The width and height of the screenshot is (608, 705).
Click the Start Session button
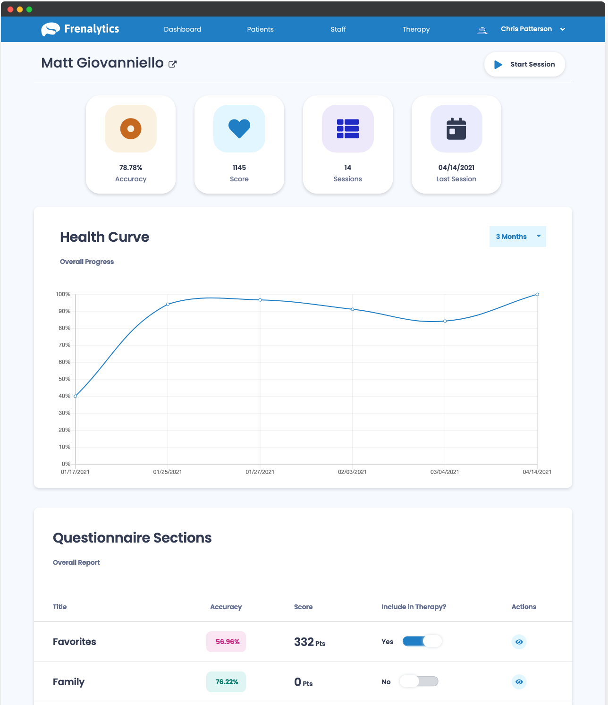click(x=524, y=64)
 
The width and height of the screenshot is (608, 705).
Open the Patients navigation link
click(x=260, y=29)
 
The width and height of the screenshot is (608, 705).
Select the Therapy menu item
click(x=416, y=29)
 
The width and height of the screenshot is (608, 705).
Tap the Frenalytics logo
click(x=80, y=29)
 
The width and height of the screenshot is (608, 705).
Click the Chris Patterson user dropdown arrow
click(x=563, y=29)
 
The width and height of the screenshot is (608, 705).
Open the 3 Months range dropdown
click(x=517, y=237)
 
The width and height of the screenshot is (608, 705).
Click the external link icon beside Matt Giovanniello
click(x=173, y=64)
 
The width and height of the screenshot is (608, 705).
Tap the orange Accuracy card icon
click(x=131, y=128)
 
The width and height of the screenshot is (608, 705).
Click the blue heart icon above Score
click(x=239, y=128)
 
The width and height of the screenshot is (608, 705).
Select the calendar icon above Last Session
click(x=456, y=128)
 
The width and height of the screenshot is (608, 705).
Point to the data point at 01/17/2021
click(x=76, y=396)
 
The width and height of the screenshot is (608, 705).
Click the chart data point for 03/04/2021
click(x=445, y=321)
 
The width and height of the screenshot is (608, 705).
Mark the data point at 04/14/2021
click(x=537, y=294)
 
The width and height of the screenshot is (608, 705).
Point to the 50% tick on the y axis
click(x=65, y=379)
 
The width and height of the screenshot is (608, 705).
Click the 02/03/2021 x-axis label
click(x=352, y=472)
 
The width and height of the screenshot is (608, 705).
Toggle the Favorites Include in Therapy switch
click(x=422, y=641)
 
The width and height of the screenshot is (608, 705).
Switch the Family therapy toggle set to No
click(x=419, y=681)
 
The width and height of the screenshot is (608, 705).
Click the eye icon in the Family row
click(x=519, y=682)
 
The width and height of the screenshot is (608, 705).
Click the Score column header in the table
click(x=303, y=607)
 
